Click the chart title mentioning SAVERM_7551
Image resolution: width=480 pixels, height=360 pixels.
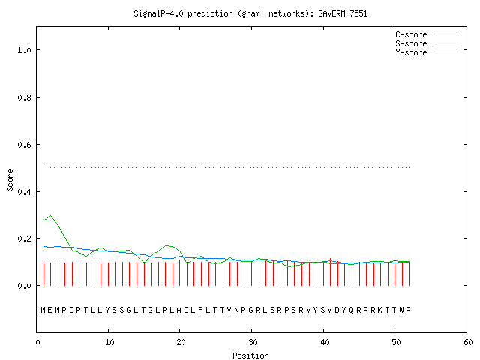250,13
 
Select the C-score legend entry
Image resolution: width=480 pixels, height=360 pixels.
427,34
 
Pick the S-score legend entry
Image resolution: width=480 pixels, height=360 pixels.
427,43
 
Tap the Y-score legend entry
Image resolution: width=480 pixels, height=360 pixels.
427,52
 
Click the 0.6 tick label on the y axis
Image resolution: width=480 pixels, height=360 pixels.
24,145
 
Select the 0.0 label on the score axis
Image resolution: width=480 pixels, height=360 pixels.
24,286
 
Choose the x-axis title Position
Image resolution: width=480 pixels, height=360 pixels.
250,355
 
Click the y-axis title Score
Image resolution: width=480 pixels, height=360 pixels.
10,180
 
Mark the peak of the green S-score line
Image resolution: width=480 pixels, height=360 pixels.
51,215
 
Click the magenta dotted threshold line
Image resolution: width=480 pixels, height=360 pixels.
226,167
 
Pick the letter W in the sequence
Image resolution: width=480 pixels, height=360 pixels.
402,310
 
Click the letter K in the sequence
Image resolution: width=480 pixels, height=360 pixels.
380,310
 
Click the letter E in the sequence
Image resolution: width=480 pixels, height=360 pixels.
50,310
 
